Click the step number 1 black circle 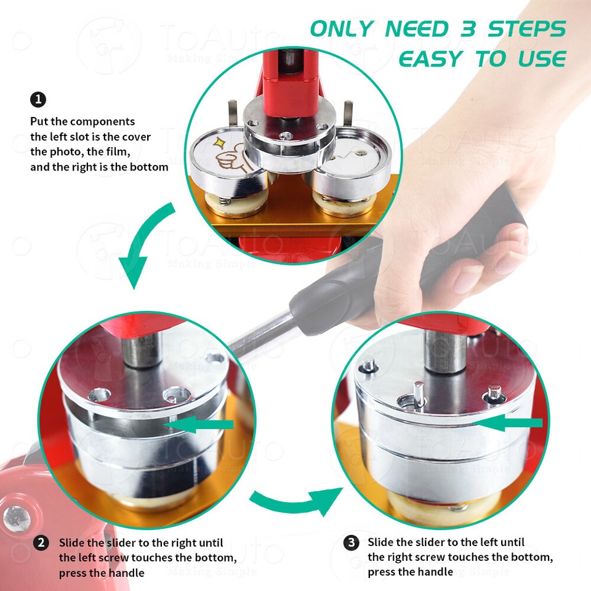point(38,99)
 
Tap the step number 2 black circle point(41,542)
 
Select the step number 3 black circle point(351,542)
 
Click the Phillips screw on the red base point(15,517)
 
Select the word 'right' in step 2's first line point(171,542)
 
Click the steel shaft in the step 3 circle point(444,351)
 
